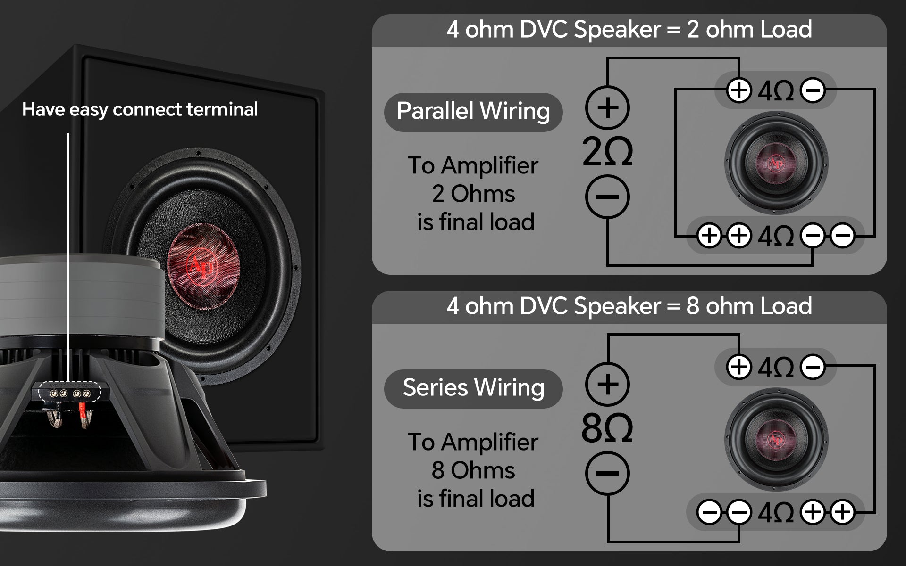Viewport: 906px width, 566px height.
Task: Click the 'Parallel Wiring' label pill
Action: coord(473,112)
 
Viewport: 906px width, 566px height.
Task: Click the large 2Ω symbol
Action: coord(607,152)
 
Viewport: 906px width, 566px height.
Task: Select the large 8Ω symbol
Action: coord(607,428)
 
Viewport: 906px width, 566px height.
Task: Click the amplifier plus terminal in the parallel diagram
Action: coord(607,107)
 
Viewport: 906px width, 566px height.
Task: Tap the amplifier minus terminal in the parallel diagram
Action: coord(607,197)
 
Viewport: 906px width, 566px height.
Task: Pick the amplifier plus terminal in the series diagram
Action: coord(607,384)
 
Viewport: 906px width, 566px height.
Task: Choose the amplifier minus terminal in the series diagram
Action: coord(607,473)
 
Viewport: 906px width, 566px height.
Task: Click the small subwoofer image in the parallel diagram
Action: coord(776,163)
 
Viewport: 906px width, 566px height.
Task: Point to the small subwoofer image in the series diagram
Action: coord(776,440)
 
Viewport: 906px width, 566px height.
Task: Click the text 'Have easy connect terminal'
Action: coord(140,110)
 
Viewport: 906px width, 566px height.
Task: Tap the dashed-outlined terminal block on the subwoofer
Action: coord(69,392)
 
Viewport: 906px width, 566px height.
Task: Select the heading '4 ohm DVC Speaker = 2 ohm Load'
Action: coord(629,29)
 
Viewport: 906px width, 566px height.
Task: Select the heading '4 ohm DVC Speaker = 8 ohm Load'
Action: coord(629,306)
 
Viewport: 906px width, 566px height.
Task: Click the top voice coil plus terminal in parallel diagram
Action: coord(739,90)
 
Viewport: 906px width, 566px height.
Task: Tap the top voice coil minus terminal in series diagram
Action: coord(813,367)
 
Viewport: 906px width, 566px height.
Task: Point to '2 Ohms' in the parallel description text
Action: coord(473,194)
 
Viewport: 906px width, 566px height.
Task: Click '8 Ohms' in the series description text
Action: coord(473,470)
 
